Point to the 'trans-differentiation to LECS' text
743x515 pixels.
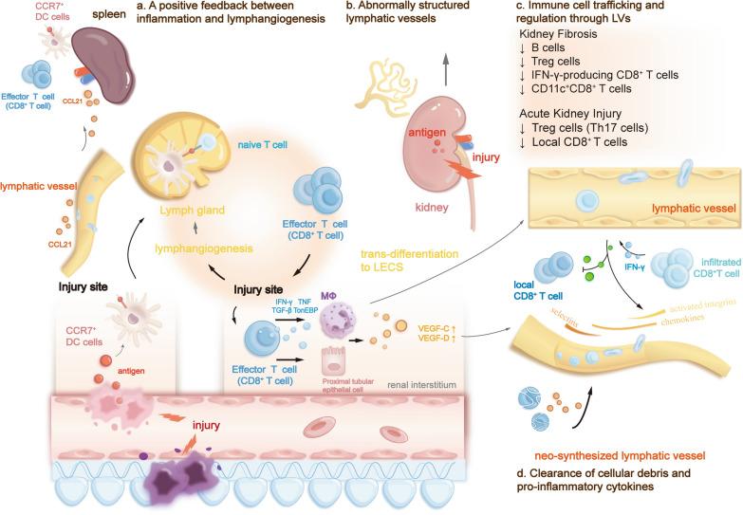(421, 261)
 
